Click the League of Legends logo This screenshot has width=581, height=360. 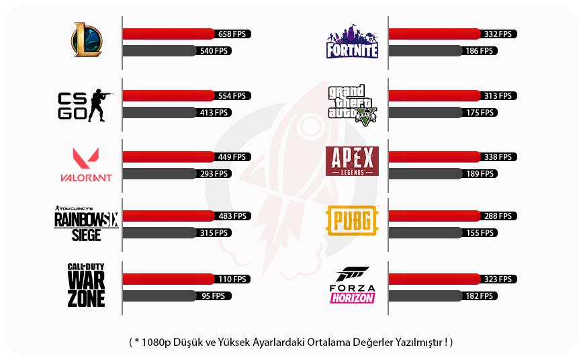pos(87,40)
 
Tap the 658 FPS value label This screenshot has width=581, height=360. pos(232,34)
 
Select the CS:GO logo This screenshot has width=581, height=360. pos(85,105)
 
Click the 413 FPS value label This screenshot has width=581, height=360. pos(214,113)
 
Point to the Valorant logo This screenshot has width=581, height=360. pos(86,165)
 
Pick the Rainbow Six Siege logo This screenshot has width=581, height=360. pos(86,222)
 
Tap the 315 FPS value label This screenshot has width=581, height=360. pos(214,233)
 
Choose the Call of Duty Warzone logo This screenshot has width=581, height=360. pos(87,285)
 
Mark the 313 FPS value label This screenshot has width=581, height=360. pos(498,96)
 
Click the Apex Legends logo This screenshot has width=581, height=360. pos(352,161)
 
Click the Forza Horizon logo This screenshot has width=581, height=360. pos(352,285)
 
